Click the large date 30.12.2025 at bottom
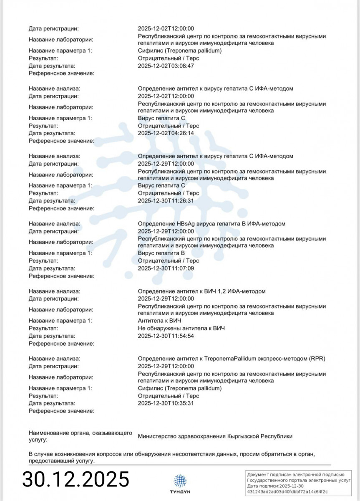coord(76,478)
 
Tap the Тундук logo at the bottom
coord(180,483)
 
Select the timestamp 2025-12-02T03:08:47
coord(166,66)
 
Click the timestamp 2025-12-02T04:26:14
coord(166,133)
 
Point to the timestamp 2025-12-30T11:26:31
coord(166,201)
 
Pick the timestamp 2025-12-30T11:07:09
coord(166,268)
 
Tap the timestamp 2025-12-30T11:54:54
coord(166,336)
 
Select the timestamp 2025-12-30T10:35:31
coord(166,403)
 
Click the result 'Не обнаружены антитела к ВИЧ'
coord(181,329)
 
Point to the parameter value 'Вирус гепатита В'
coord(161,253)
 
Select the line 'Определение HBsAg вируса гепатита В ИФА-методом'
coord(211,224)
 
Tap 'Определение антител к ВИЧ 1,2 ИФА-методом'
coord(201,291)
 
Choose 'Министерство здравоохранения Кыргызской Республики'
coord(215,436)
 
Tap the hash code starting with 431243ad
coord(287,491)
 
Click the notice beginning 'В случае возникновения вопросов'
coord(171,457)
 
